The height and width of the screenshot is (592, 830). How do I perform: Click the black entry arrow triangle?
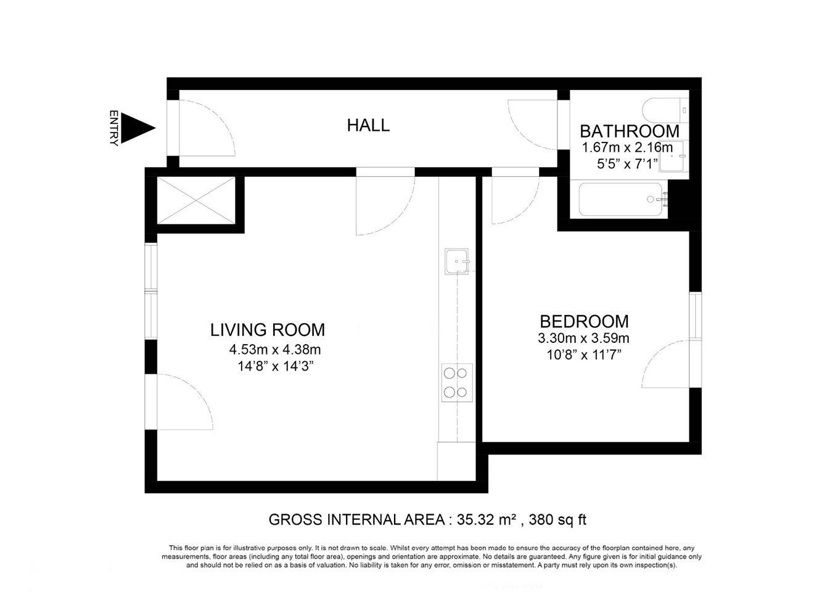(x=135, y=128)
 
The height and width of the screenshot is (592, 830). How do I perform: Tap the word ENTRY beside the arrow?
(x=113, y=128)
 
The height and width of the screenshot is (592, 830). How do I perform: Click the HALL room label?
(x=368, y=125)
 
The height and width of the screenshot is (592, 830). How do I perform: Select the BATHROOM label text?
(x=630, y=131)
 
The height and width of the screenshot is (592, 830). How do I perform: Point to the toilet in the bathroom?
(x=665, y=110)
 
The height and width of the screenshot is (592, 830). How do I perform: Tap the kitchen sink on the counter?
(x=456, y=261)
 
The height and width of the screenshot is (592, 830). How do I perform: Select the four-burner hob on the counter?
(x=457, y=383)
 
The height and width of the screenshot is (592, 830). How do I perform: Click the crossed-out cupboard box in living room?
(x=196, y=200)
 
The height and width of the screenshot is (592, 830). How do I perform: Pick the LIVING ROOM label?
(x=268, y=330)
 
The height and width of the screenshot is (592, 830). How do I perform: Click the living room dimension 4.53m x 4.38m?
(x=275, y=350)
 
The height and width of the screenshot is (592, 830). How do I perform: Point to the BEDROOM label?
(x=584, y=321)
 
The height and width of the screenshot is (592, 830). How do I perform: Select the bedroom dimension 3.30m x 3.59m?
(x=583, y=338)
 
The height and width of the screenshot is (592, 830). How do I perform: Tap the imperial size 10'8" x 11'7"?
(x=583, y=355)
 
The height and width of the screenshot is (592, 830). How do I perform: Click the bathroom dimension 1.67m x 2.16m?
(x=627, y=147)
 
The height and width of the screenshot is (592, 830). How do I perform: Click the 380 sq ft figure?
(x=557, y=520)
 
